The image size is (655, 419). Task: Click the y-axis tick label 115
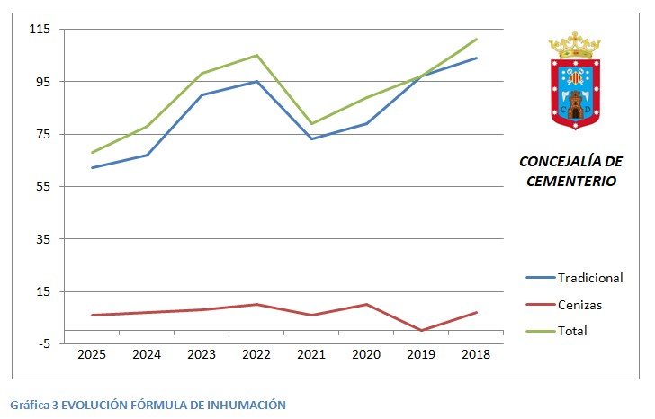click(40, 29)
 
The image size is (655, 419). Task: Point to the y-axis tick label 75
click(42, 134)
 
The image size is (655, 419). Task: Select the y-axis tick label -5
click(42, 343)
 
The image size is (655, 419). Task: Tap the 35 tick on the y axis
click(42, 239)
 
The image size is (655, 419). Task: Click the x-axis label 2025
click(92, 355)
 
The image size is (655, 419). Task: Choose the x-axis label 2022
click(256, 355)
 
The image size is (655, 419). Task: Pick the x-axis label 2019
click(421, 355)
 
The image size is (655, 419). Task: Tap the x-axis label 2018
click(476, 355)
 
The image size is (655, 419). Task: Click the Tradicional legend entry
click(589, 278)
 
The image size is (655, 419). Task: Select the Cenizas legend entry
click(579, 305)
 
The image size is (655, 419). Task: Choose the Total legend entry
click(572, 331)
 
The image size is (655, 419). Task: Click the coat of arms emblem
click(574, 82)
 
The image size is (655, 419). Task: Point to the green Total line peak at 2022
click(256, 55)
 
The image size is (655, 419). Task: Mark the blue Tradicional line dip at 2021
click(311, 138)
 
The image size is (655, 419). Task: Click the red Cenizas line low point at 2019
click(421, 331)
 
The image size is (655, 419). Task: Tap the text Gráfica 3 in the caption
click(34, 405)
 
